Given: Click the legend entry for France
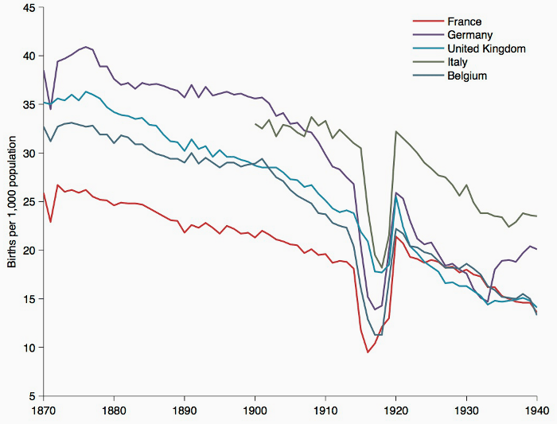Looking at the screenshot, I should pyautogui.click(x=465, y=21).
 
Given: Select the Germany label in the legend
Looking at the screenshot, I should pyautogui.click(x=470, y=35).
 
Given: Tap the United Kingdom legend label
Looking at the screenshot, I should pyautogui.click(x=487, y=49).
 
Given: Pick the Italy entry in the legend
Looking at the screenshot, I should pyautogui.click(x=458, y=62).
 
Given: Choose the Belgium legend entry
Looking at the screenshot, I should pyautogui.click(x=467, y=76).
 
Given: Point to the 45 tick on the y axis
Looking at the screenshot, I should pyautogui.click(x=29, y=7).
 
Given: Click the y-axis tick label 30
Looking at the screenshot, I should pyautogui.click(x=29, y=153).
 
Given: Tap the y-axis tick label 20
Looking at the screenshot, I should pyautogui.click(x=29, y=250).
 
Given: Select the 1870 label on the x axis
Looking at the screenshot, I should pyautogui.click(x=44, y=411).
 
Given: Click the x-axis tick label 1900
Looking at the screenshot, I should pyautogui.click(x=255, y=411).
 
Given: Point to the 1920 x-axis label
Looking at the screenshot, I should pyautogui.click(x=396, y=411).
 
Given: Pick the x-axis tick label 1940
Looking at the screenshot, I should pyautogui.click(x=536, y=411).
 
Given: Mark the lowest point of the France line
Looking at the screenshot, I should pyautogui.click(x=368, y=352).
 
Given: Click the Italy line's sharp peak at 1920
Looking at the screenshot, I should pyautogui.click(x=395, y=131).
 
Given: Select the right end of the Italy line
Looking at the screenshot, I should pyautogui.click(x=536, y=216).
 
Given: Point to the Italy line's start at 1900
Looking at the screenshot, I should pyautogui.click(x=255, y=123).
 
